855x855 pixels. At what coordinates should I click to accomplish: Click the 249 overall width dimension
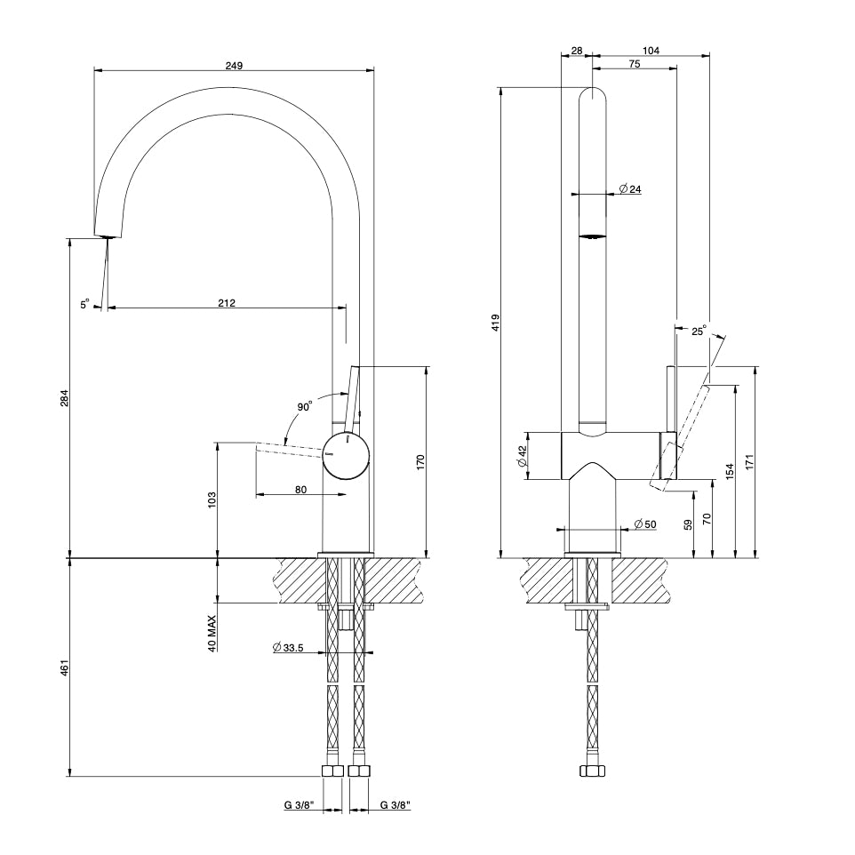coord(234,66)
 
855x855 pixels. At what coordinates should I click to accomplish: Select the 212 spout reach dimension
coord(227,303)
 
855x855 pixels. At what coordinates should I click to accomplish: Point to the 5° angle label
coord(84,305)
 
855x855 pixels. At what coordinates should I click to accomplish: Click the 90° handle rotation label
coord(305,407)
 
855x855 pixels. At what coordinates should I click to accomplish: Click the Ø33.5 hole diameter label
coord(289,648)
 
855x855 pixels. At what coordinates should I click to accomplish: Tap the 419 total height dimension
coord(496,322)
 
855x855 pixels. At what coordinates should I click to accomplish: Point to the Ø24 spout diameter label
coord(630,189)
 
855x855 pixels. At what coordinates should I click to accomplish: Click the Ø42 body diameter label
coord(522,457)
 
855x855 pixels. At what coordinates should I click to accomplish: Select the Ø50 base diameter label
coord(645,524)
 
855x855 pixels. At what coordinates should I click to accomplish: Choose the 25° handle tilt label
coord(698,332)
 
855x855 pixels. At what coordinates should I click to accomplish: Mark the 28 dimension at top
coord(577,52)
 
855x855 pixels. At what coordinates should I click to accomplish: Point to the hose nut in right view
coord(592,771)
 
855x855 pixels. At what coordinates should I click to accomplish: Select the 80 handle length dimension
coord(301,489)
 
